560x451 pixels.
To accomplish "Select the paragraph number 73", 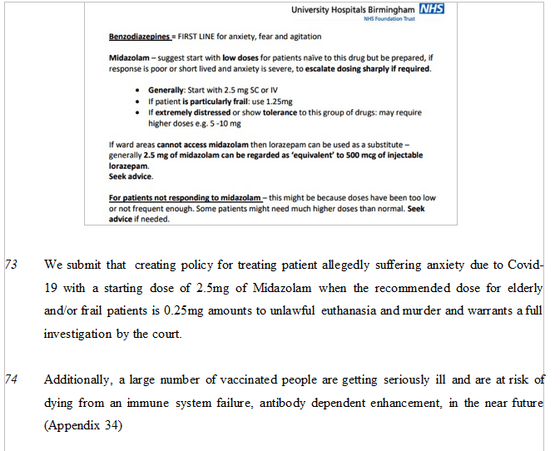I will click(11, 265).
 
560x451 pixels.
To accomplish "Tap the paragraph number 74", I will click(11, 379).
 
